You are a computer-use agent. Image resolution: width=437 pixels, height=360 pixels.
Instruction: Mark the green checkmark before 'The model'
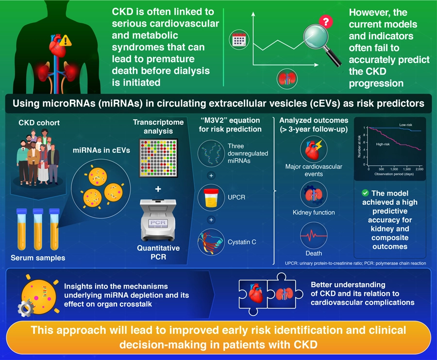click(366, 193)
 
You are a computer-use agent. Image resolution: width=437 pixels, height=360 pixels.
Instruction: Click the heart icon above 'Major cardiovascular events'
click(314, 148)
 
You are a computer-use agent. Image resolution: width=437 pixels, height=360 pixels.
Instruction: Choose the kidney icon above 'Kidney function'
click(314, 192)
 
